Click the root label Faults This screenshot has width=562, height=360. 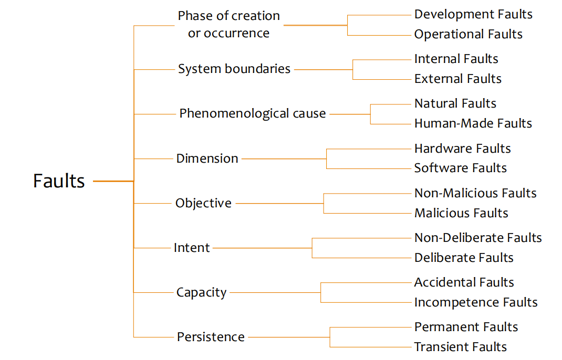click(59, 181)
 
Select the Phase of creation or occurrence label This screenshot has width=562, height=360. click(228, 24)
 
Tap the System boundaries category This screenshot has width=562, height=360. click(234, 69)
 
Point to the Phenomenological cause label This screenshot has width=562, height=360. click(253, 113)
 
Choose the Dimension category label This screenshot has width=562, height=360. click(207, 158)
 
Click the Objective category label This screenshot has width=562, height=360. click(203, 203)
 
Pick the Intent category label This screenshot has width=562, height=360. click(192, 248)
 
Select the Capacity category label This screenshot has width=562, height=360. click(201, 292)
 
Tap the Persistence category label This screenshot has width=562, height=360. click(211, 337)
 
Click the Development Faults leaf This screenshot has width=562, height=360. click(473, 15)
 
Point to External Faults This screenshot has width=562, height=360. click(457, 79)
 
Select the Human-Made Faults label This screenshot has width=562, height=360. click(473, 123)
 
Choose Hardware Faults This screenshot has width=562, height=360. click(462, 149)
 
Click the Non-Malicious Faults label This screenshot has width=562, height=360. click(475, 193)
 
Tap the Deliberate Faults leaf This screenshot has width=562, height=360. click(464, 258)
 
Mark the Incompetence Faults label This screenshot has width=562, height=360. click(476, 302)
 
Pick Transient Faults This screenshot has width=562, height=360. click(460, 347)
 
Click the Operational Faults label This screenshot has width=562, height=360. click(468, 35)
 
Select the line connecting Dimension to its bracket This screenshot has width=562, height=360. click(284, 158)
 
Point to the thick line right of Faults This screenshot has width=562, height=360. click(113, 181)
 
